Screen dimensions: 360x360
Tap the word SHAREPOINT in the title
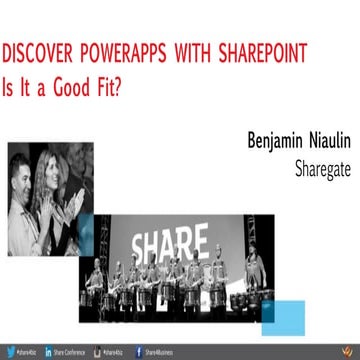coord(250,51)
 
